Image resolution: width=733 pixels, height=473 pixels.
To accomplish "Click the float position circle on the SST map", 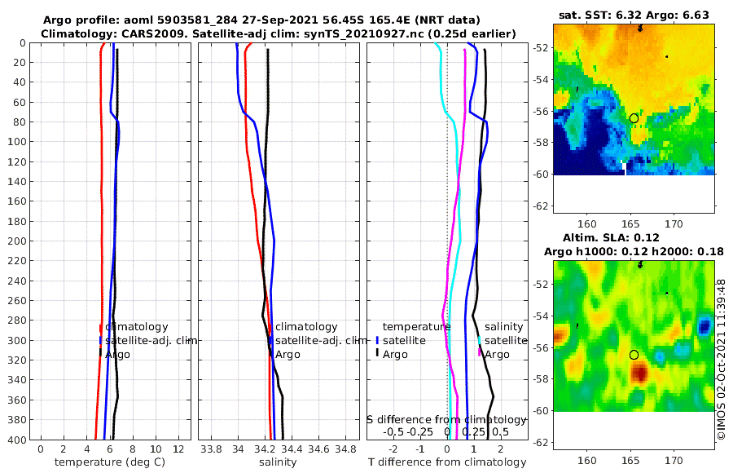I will [634, 118].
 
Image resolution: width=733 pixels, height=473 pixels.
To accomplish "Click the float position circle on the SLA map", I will [634, 355].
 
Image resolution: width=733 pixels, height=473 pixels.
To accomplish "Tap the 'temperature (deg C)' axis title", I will [103, 462].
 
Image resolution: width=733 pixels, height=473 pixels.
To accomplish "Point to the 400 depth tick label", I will [16, 440].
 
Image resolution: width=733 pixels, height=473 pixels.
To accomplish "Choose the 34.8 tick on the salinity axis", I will [345, 449].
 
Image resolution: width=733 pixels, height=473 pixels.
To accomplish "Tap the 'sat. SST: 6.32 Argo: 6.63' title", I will [634, 15].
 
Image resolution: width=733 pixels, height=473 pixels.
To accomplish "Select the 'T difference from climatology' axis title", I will [447, 462].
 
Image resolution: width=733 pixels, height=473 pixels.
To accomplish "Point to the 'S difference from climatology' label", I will [447, 419].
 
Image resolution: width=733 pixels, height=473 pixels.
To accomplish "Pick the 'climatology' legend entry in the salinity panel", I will [305, 327].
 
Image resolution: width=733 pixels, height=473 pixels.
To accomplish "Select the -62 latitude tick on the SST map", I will [538, 206].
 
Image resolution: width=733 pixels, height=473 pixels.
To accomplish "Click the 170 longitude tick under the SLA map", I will [673, 461].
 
